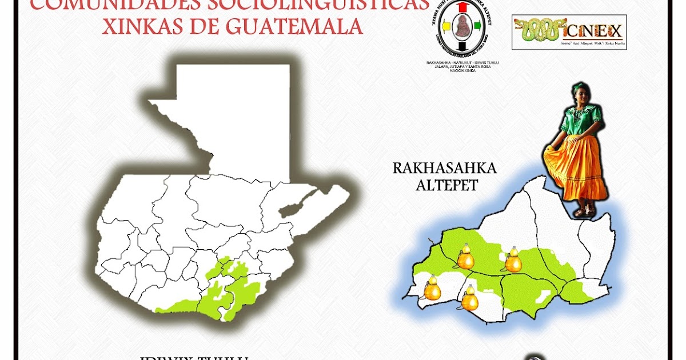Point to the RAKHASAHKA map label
coord(444,169)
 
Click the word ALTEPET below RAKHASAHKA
coord(444,186)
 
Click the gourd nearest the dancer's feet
coord(513,261)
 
